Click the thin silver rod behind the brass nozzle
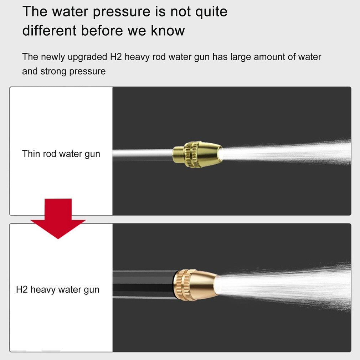(x=143, y=153)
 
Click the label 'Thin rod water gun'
(x=61, y=154)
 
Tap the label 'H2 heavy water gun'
(x=58, y=290)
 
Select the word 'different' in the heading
(x=49, y=31)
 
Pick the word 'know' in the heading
(x=168, y=31)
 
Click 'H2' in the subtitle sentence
(x=116, y=57)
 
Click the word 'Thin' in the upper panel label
(x=31, y=154)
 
